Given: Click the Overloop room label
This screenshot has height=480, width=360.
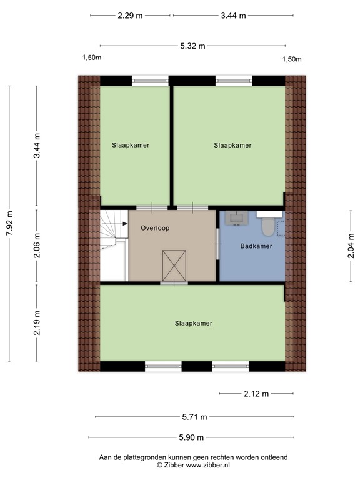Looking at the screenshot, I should pyautogui.click(x=155, y=229).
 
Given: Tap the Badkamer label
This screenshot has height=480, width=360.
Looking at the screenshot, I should pyautogui.click(x=256, y=246).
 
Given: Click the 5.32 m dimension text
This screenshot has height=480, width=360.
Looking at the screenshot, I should pyautogui.click(x=192, y=45).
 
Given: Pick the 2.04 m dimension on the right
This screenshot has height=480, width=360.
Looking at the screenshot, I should pyautogui.click(x=351, y=246).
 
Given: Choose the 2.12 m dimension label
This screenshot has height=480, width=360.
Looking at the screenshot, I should pyautogui.click(x=256, y=394).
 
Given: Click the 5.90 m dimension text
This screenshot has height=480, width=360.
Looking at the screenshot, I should pyautogui.click(x=192, y=438).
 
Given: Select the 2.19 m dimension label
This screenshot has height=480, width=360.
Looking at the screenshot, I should pyautogui.click(x=37, y=322).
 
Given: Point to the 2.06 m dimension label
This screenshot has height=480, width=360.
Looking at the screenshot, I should pyautogui.click(x=37, y=246).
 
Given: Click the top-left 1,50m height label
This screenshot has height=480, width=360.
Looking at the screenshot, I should pyautogui.click(x=92, y=59).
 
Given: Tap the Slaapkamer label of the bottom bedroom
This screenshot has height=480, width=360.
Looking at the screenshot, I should pyautogui.click(x=194, y=324).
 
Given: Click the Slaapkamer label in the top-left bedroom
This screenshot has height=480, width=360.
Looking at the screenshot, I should pyautogui.click(x=131, y=145).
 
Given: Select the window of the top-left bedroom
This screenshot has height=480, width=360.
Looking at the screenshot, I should pyautogui.click(x=150, y=81).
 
